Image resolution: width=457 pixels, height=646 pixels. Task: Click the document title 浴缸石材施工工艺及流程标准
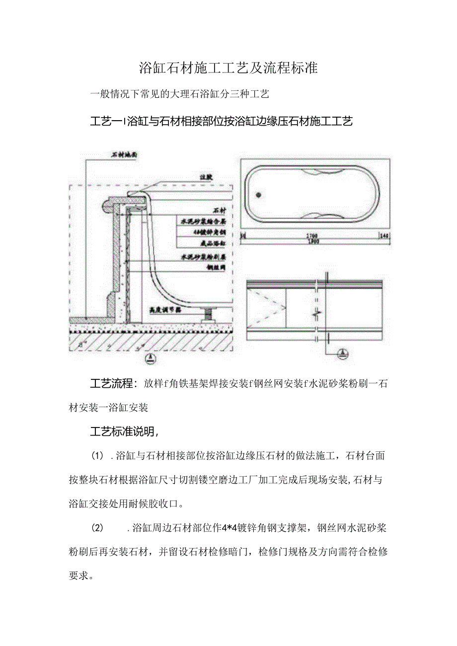[228, 69]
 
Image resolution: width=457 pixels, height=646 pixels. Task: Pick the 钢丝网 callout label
[218, 267]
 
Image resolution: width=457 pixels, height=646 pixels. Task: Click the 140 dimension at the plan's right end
[384, 235]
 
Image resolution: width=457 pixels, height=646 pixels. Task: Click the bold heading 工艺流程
[111, 383]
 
